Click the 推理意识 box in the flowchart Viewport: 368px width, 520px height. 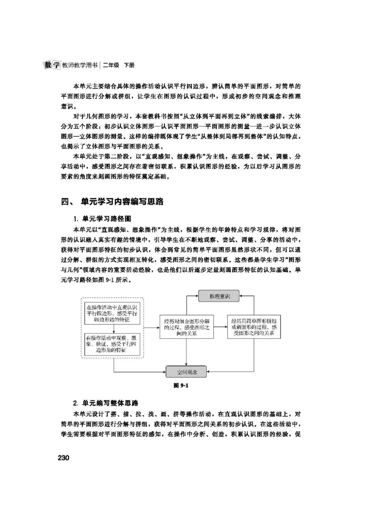tap(219, 296)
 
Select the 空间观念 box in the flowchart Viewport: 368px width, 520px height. tap(186, 372)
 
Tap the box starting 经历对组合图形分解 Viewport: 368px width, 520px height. tap(187, 327)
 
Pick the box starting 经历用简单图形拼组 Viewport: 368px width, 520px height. tap(254, 327)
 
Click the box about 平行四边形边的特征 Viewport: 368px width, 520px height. tap(112, 314)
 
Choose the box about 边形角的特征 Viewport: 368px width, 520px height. tap(112, 344)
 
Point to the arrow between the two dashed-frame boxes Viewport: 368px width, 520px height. tap(114, 329)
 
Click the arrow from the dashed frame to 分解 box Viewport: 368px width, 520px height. tap(152, 327)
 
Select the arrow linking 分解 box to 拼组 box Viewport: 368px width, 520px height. tap(220, 327)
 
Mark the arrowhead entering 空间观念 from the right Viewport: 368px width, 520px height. tap(210, 372)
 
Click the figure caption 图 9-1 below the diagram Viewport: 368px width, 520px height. tap(181, 385)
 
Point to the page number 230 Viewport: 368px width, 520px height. tap(63, 458)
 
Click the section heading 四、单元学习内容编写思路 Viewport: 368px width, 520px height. tap(112, 202)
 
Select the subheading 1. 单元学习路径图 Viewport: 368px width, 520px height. tap(102, 219)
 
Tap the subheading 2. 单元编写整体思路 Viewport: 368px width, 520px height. tap(106, 403)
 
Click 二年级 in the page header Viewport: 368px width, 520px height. tap(111, 65)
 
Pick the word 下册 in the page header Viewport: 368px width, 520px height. tap(129, 65)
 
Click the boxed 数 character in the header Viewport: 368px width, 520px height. tap(48, 65)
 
